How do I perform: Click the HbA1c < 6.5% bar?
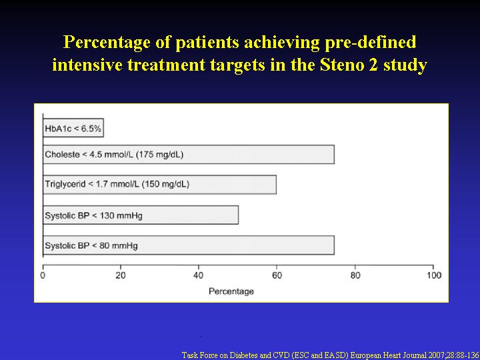[x=73, y=127]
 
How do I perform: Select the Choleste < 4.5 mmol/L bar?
[x=189, y=155]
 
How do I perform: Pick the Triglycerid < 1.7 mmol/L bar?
[x=159, y=185]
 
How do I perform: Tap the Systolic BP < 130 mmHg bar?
[x=141, y=215]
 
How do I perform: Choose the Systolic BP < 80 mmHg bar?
[x=189, y=245]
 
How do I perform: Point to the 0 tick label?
[x=43, y=275]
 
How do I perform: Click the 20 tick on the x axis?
[x=121, y=275]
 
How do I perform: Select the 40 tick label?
[x=199, y=275]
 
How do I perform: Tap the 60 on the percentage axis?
[x=277, y=275]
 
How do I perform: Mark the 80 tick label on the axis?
[x=355, y=275]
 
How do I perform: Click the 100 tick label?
[x=433, y=275]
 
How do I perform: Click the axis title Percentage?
[x=231, y=291]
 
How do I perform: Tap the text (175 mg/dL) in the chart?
[x=159, y=155]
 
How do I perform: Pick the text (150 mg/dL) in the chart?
[x=165, y=185]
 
